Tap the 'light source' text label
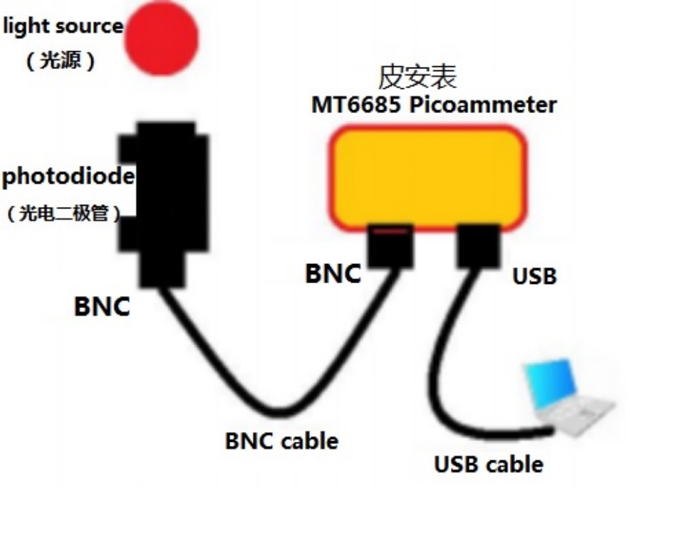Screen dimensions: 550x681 [63, 27]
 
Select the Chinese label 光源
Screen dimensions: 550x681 [61, 61]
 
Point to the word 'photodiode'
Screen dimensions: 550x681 [68, 176]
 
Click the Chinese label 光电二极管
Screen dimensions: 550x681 [64, 213]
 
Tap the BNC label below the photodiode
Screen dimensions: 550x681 [103, 307]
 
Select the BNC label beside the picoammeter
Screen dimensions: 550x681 [333, 273]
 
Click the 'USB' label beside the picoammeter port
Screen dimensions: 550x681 [534, 276]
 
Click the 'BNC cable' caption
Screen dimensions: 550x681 [281, 441]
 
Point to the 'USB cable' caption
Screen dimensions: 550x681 [489, 465]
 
